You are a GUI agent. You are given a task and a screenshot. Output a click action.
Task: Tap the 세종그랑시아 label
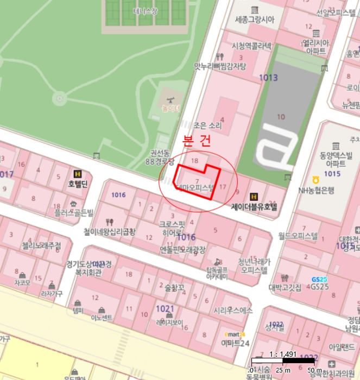tap(254, 20)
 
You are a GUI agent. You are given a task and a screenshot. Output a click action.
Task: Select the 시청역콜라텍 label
tap(251, 46)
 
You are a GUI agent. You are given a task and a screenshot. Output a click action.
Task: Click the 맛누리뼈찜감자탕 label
tap(220, 66)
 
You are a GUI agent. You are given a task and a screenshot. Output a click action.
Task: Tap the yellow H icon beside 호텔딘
tap(77, 174)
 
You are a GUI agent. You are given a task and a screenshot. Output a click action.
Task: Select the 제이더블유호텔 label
tap(254, 206)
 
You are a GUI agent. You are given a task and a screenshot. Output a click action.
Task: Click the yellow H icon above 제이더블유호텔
tap(253, 197)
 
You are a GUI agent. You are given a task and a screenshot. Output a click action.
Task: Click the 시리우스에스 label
tap(233, 311)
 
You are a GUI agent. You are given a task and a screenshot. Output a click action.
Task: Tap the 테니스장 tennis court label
tap(146, 11)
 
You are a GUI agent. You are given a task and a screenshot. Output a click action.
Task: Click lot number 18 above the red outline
tap(195, 160)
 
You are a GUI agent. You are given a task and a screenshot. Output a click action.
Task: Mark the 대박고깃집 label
tap(285, 288)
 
